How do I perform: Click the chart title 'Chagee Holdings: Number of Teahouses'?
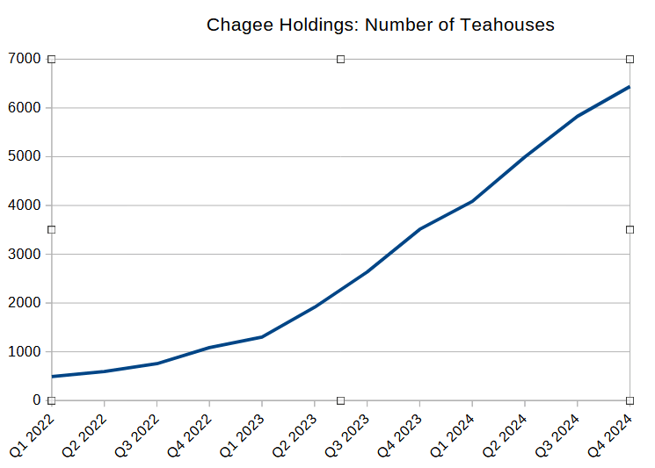coord(380,25)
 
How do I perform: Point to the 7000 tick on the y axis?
coord(25,59)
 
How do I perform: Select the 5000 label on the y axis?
coord(25,156)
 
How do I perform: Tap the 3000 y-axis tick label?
coord(25,254)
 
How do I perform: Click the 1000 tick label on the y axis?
coord(25,351)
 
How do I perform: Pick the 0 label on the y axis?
coord(37,400)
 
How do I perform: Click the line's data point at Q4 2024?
coord(630,87)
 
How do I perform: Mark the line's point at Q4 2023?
coord(419,229)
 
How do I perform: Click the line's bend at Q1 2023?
coord(262,337)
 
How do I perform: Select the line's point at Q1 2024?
coord(472,201)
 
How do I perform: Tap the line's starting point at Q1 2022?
coord(52,377)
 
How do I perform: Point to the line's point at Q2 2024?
coord(525,156)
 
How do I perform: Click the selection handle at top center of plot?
coord(340,59)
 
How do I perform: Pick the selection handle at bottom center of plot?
coord(340,400)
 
